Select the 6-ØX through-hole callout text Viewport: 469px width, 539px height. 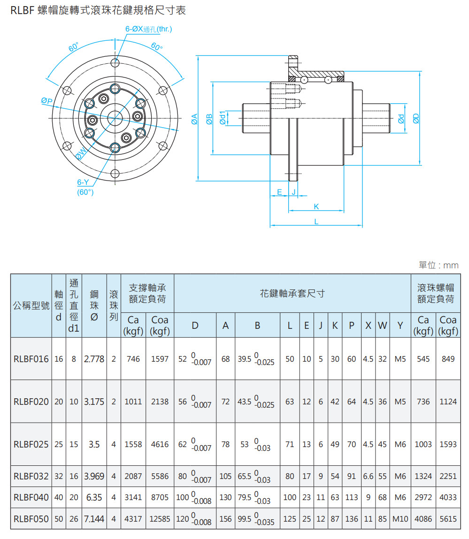coord(149,29)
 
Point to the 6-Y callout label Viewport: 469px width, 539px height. coord(83,182)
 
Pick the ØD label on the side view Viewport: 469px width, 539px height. coord(415,119)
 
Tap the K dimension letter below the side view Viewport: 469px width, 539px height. coord(316,206)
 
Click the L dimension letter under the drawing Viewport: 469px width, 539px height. coord(316,221)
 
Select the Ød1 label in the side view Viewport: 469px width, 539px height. coord(223,118)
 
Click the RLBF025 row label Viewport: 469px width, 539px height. coord(31,444)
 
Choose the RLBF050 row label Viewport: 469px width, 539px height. coord(31,519)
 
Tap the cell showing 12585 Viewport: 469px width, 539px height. coord(160,519)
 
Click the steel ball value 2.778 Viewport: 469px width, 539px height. coord(94,359)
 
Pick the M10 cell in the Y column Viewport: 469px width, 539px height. coord(400,519)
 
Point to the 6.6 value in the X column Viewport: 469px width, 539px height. coord(369,476)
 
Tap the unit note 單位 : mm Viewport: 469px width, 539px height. coord(438,266)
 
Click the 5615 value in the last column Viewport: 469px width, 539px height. coord(448,519)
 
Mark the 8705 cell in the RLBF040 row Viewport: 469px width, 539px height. coord(160,497)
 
